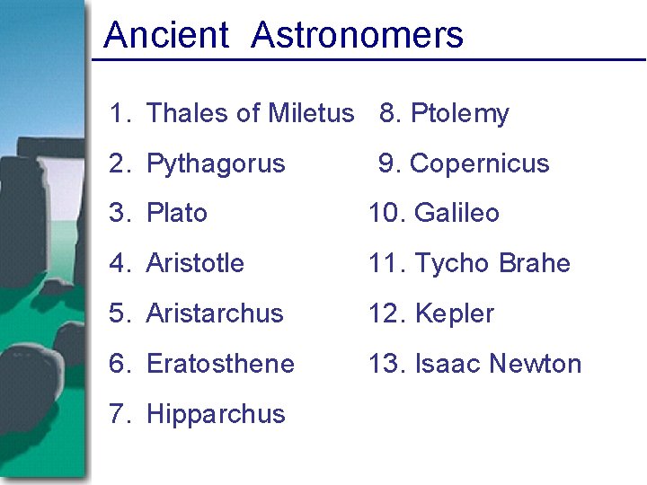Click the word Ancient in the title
click(x=166, y=35)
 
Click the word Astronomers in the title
click(x=358, y=35)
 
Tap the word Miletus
click(x=311, y=113)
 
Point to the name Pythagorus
click(x=216, y=164)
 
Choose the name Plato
click(x=177, y=213)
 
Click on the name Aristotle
click(x=195, y=263)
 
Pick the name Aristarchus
click(x=215, y=313)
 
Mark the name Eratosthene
click(x=220, y=364)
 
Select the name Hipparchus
click(x=216, y=414)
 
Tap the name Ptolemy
click(x=459, y=114)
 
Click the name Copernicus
click(x=479, y=163)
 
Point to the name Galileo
click(x=456, y=213)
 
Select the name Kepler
click(x=455, y=313)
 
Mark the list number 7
click(x=120, y=414)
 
